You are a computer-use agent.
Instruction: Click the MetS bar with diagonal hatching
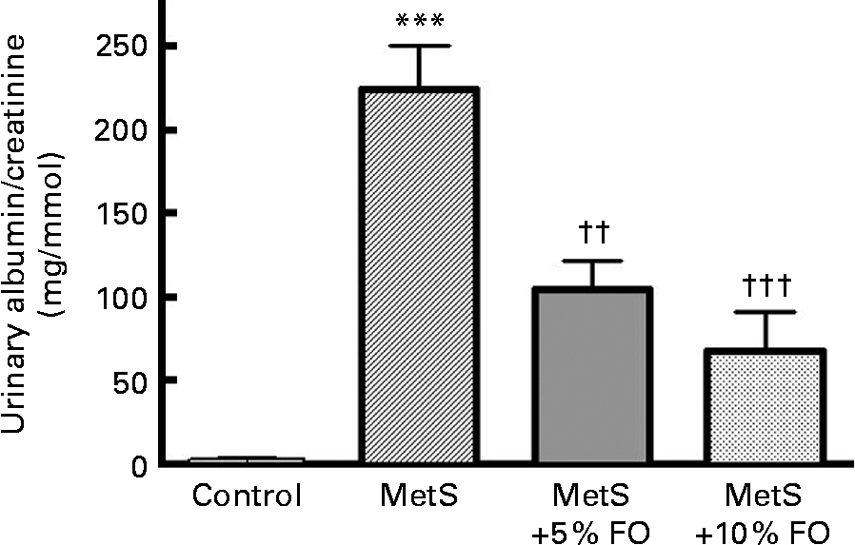pyautogui.click(x=418, y=276)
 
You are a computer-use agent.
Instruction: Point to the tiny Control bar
pyautogui.click(x=247, y=460)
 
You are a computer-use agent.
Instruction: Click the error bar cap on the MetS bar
pyautogui.click(x=418, y=46)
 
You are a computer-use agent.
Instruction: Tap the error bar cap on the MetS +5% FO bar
pyautogui.click(x=591, y=261)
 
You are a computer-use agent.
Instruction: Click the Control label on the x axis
pyautogui.click(x=247, y=497)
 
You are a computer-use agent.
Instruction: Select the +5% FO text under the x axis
pyautogui.click(x=592, y=529)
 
